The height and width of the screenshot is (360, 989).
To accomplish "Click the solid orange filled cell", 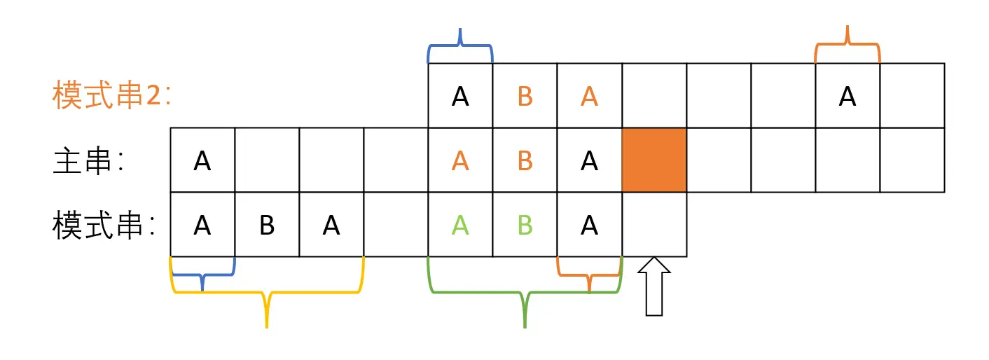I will click(x=654, y=160).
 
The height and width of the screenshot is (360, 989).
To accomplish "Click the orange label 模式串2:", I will click(x=112, y=96).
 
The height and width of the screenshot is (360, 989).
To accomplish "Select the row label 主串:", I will click(x=88, y=162).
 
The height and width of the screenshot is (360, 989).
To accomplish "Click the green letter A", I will click(x=460, y=226).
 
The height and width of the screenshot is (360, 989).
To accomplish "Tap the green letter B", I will click(x=525, y=226).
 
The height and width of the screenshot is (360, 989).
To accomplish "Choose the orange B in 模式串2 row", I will click(x=525, y=97).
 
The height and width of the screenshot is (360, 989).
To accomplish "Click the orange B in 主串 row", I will click(x=525, y=161).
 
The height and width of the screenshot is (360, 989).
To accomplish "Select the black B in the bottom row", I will click(x=267, y=226).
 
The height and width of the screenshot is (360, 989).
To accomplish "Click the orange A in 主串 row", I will click(x=460, y=161).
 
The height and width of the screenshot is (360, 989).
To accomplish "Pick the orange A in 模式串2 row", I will click(x=589, y=97).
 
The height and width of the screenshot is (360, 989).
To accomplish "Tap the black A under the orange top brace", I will click(x=848, y=97).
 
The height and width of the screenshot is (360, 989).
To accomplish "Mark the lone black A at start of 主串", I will click(x=202, y=161).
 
